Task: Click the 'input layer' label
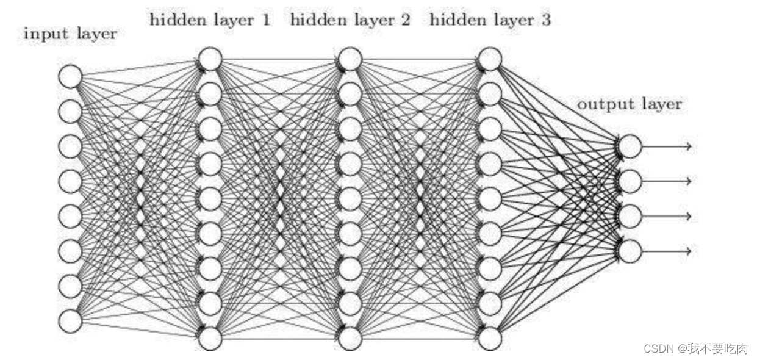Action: tap(70, 34)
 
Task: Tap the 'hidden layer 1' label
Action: tap(210, 20)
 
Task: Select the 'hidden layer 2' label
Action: tap(350, 20)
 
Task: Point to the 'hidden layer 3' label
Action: tap(490, 20)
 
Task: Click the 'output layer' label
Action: tap(630, 104)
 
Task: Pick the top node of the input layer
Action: tap(70, 76)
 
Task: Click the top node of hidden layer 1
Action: tap(210, 59)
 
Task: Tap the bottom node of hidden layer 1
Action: tap(210, 338)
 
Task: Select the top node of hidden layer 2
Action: tap(350, 59)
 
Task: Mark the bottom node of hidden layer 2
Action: tap(350, 338)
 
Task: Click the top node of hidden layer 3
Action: tap(490, 59)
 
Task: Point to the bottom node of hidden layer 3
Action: tap(490, 338)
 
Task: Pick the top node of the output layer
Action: tap(630, 146)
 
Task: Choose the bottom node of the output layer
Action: tap(630, 251)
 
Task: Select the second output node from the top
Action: tap(630, 181)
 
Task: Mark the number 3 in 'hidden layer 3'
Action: tap(545, 20)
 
